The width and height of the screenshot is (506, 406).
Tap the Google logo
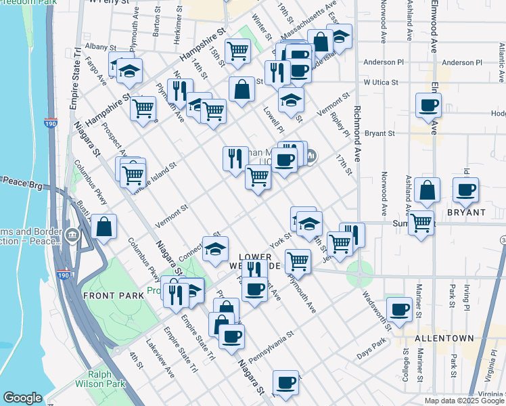tap(22, 398)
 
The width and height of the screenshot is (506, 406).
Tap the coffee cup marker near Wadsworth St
tap(399, 309)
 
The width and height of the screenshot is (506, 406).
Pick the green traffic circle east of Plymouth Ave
tap(359, 275)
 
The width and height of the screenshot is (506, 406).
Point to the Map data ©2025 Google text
tap(463, 401)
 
